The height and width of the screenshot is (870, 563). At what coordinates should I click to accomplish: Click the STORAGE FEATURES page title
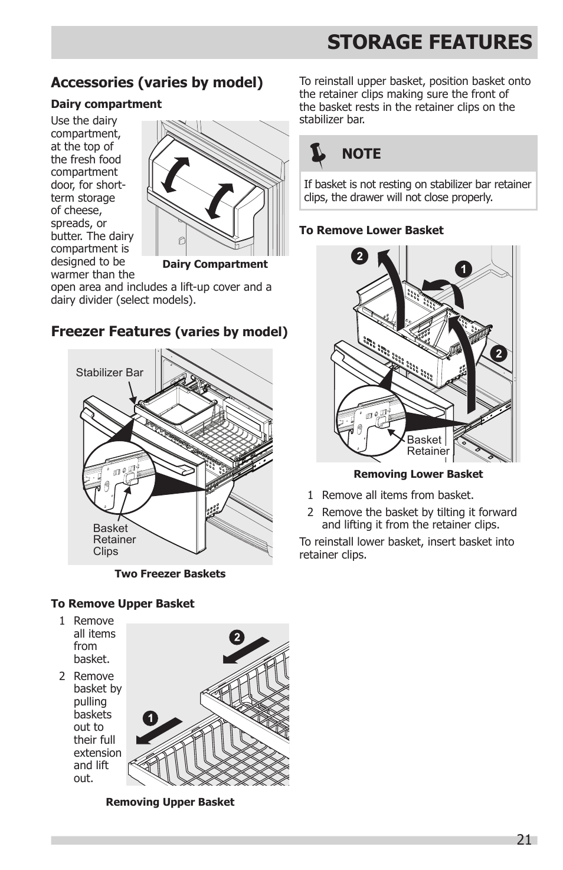tap(429, 42)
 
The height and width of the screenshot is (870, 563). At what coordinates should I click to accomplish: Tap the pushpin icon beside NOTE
tap(318, 154)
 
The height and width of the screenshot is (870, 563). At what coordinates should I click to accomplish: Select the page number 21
tap(523, 839)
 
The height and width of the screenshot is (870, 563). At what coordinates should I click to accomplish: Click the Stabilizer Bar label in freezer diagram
tap(109, 373)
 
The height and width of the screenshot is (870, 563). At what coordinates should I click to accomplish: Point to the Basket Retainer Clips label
tap(114, 540)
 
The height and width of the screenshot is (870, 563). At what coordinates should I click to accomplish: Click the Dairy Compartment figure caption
tap(215, 264)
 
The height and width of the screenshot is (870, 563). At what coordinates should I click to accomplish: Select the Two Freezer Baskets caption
tap(170, 574)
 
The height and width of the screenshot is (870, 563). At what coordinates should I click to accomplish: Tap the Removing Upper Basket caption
tap(170, 802)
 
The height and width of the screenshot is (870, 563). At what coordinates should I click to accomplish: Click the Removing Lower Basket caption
tap(418, 474)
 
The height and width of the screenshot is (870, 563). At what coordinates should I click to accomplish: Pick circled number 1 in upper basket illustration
tap(150, 718)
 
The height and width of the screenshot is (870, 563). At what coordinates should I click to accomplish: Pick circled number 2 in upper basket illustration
tap(237, 637)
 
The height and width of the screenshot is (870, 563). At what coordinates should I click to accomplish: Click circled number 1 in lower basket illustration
tap(463, 269)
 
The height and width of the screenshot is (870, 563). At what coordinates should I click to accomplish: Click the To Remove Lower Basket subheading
tap(371, 231)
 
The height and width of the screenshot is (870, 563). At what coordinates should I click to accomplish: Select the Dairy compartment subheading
tap(106, 104)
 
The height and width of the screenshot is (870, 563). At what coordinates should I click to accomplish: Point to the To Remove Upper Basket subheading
tap(122, 604)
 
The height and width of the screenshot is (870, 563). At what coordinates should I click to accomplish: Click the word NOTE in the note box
tap(361, 154)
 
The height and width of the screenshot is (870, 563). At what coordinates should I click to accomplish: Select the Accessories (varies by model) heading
tap(157, 83)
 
